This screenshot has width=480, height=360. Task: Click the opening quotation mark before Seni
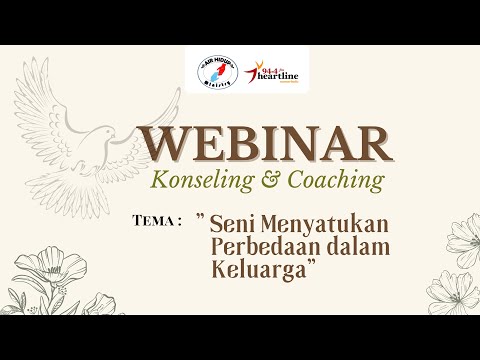click(201, 217)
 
